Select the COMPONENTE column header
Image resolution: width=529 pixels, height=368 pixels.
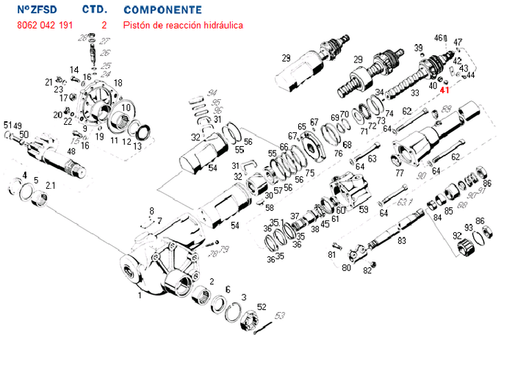coord(163,10)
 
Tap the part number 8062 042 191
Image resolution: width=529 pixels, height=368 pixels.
coord(44,25)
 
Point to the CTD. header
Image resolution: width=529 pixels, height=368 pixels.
coord(96,10)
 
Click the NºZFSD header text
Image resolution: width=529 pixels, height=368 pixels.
coord(36,10)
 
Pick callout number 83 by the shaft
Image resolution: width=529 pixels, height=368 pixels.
coord(401,240)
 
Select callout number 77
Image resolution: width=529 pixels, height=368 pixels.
coord(400,174)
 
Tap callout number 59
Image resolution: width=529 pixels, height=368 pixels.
coord(363,209)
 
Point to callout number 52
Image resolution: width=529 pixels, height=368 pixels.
coord(262,307)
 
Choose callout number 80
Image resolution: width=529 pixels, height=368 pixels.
coord(346,268)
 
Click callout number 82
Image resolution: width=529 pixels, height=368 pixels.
coord(367,271)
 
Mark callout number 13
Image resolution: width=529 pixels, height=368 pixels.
coord(137,145)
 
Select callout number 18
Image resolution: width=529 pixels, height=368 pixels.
coord(118,82)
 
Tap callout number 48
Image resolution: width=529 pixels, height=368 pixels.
coord(71,151)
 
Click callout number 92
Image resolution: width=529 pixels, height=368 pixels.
coord(457,235)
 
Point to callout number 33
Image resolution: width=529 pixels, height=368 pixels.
coord(415,93)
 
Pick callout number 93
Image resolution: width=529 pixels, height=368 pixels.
coord(468,227)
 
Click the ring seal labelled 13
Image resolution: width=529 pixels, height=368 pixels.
coord(144,132)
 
